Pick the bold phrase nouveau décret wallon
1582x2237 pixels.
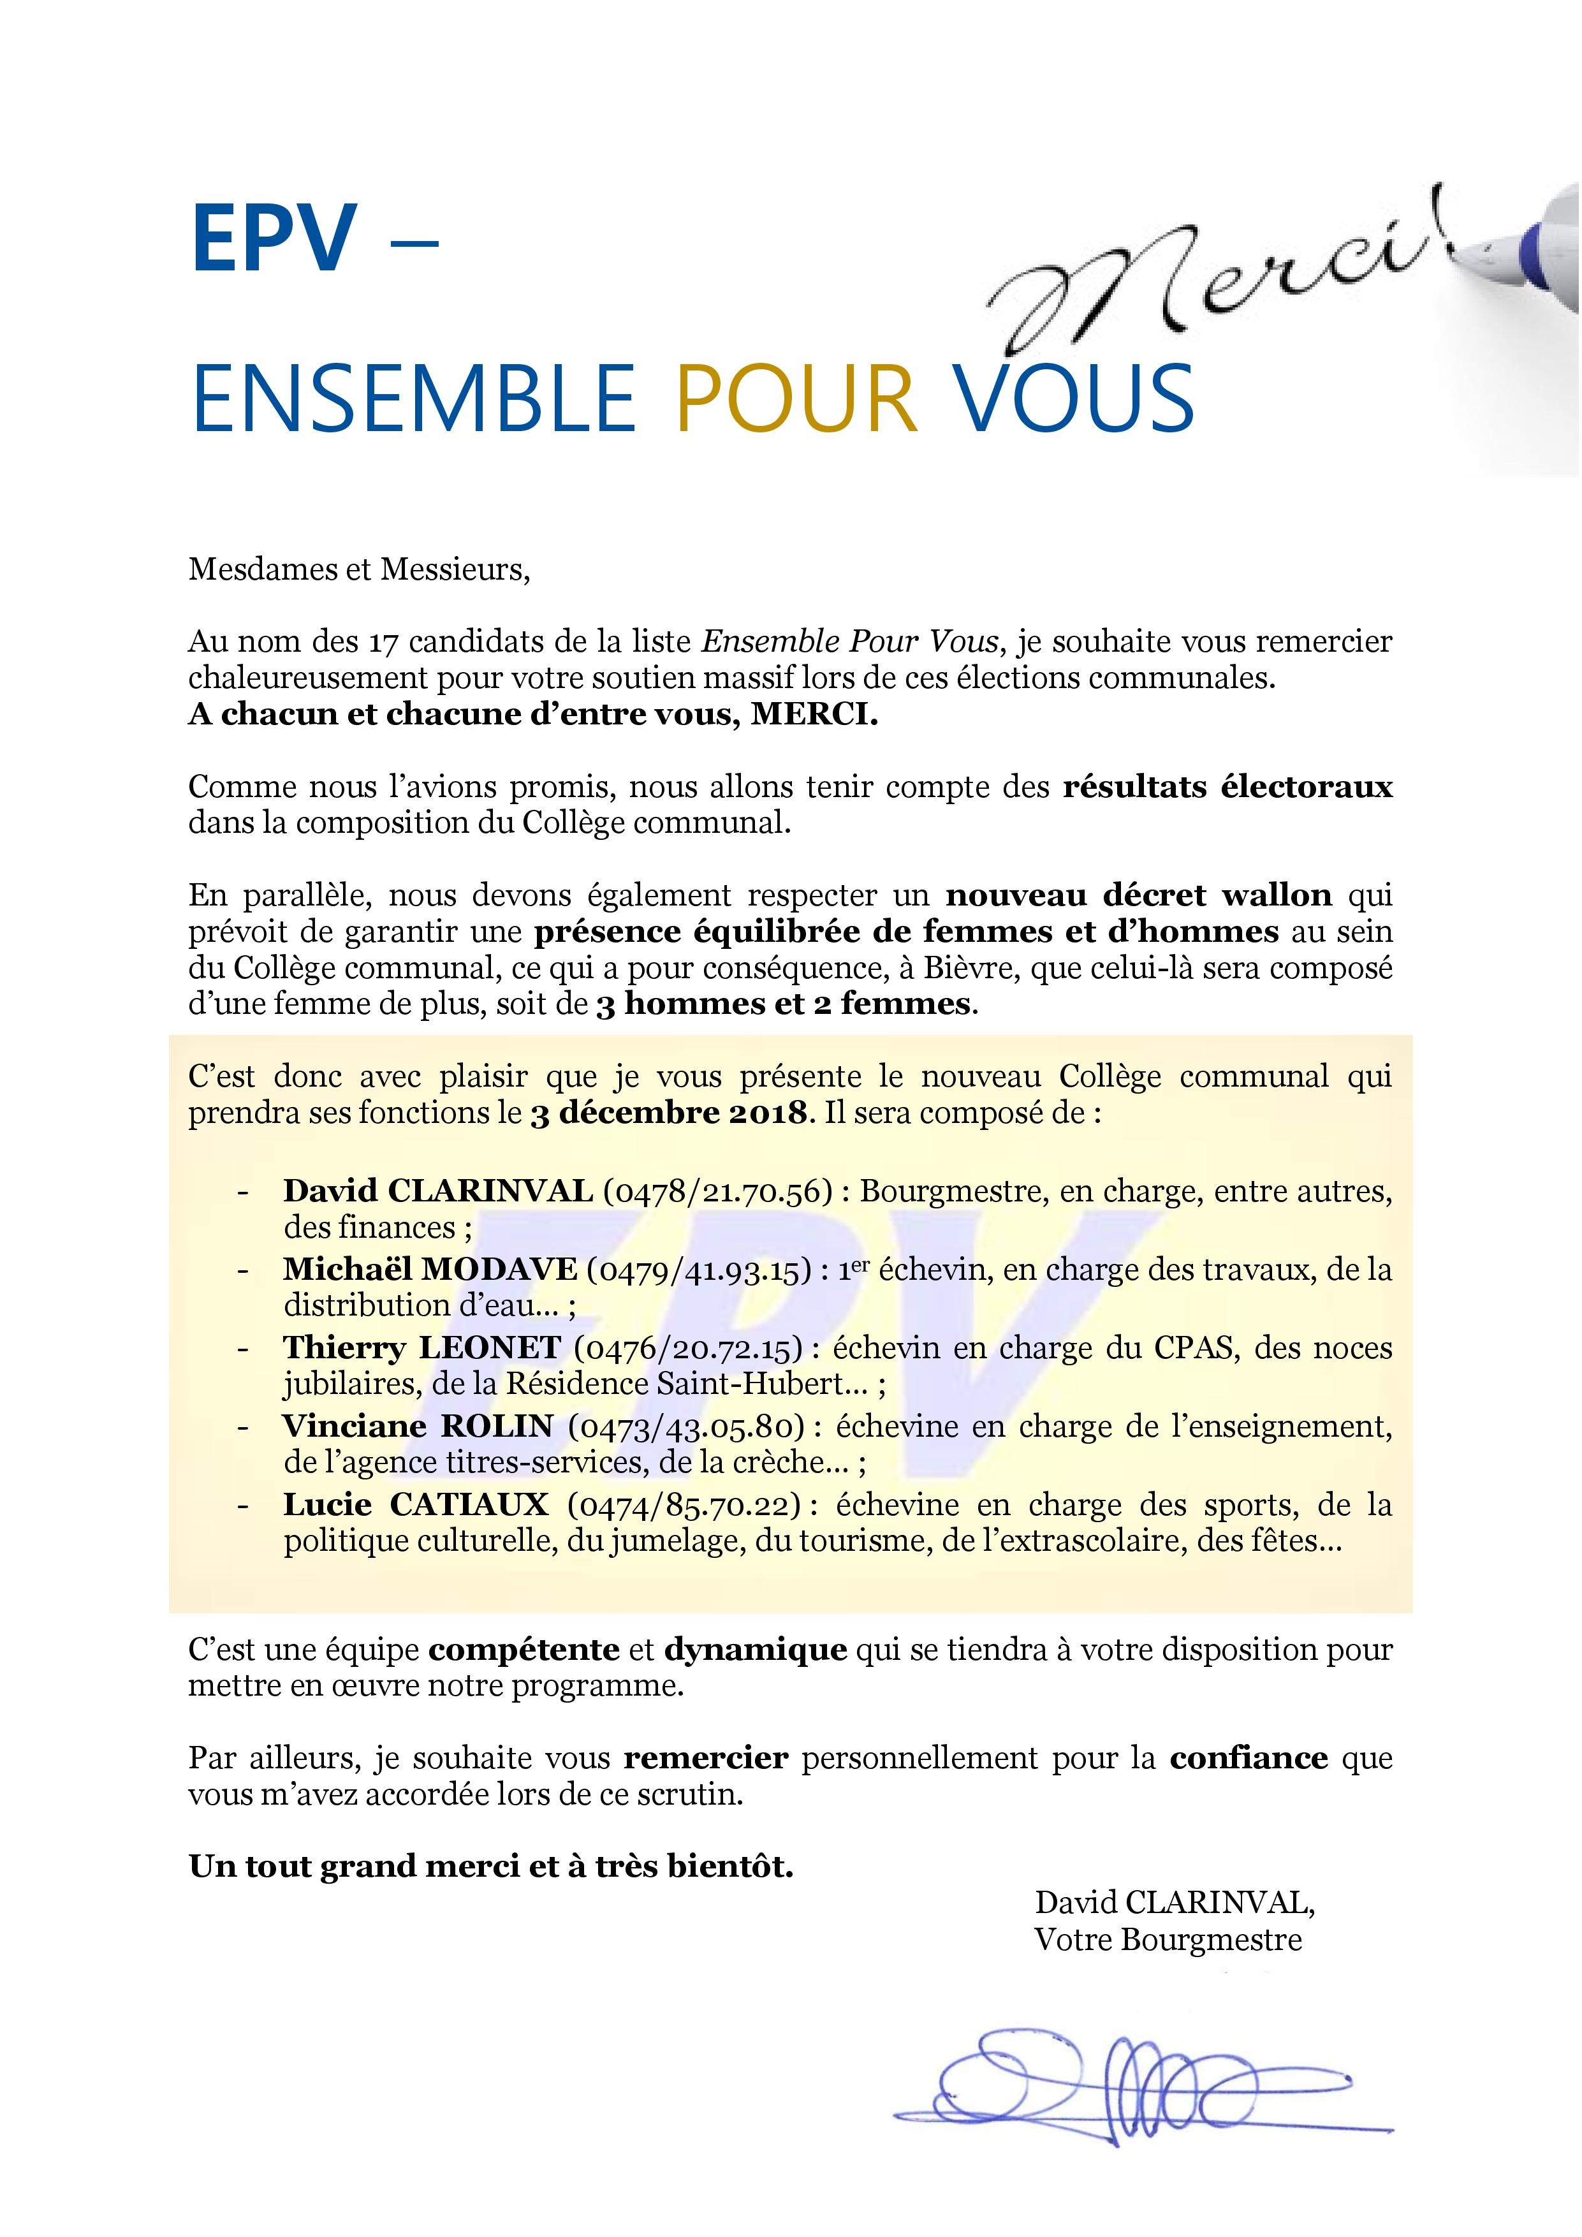click(1139, 895)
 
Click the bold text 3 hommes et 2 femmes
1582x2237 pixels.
click(783, 1004)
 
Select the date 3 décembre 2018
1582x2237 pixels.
click(670, 1113)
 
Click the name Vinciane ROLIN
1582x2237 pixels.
click(418, 1427)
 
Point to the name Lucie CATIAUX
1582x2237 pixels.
click(416, 1506)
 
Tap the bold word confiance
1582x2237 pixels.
click(1250, 1759)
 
